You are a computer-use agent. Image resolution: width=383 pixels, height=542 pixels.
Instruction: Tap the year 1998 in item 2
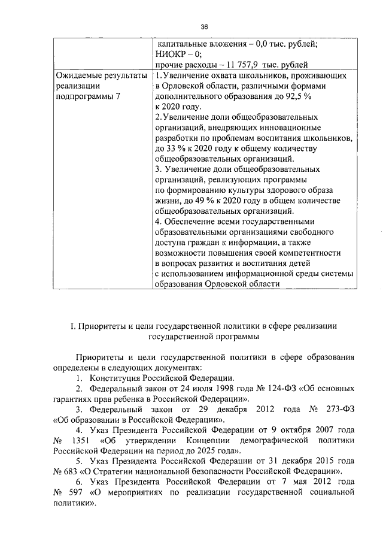pos(198,389)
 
